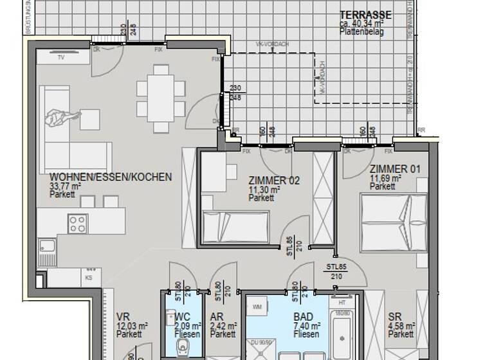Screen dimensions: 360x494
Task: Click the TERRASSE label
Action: click(365, 15)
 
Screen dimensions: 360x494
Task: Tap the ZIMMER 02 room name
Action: click(274, 181)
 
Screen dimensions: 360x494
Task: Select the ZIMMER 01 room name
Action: click(395, 170)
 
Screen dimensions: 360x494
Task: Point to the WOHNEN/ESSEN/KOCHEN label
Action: click(111, 177)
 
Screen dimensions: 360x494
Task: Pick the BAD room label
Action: click(303, 317)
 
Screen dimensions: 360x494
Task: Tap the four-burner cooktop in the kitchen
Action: click(78, 223)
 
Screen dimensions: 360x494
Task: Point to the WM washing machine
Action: click(258, 306)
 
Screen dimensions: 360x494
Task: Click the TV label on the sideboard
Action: click(60, 57)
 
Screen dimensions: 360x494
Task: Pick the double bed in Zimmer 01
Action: click(393, 222)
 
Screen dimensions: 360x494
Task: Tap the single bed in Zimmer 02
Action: click(236, 227)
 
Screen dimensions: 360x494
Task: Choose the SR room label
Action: click(394, 317)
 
